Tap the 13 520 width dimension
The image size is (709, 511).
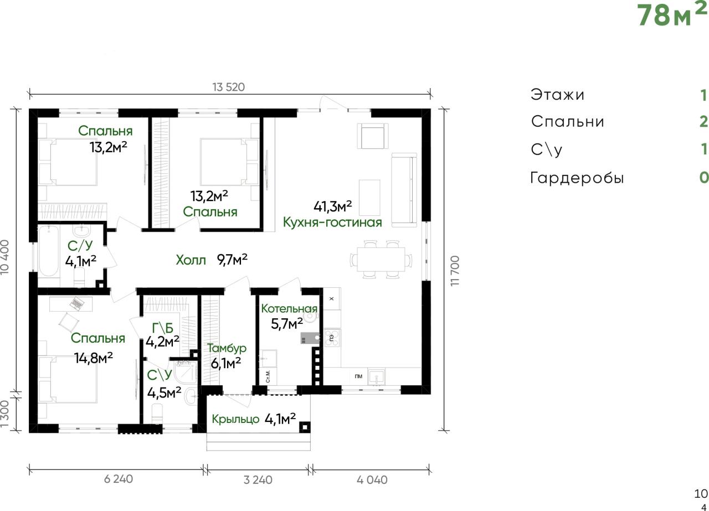(x=229, y=87)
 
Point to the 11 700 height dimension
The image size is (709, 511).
(x=455, y=271)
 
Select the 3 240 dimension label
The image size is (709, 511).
(x=258, y=480)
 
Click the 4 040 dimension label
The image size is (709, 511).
(x=372, y=480)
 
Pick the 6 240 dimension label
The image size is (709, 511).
(x=119, y=479)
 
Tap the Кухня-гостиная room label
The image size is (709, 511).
(x=332, y=223)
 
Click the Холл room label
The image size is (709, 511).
(x=191, y=260)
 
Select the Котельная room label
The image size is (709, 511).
(x=289, y=308)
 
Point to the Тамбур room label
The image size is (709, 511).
(x=227, y=348)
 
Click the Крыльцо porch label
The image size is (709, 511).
(x=235, y=419)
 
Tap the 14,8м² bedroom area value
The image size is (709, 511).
(x=94, y=358)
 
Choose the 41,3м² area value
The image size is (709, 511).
(x=333, y=206)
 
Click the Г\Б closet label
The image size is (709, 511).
(x=162, y=328)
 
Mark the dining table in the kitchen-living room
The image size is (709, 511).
(x=381, y=260)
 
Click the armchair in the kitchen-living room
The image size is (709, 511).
(x=373, y=136)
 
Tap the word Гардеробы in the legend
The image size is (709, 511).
(x=577, y=178)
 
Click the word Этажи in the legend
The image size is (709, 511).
(x=557, y=95)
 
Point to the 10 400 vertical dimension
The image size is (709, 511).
(x=5, y=257)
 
